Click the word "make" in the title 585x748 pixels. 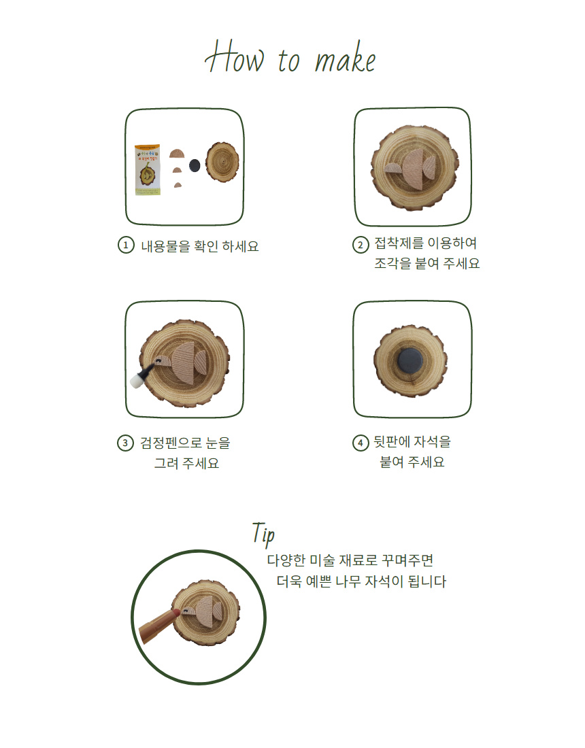pos(345,60)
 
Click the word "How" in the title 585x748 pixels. pos(234,57)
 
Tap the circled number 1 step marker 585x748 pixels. pos(126,245)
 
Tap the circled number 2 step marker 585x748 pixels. pos(361,245)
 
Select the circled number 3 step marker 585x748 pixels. pos(125,443)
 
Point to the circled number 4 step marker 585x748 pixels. pos(361,443)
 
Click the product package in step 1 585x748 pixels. pos(148,170)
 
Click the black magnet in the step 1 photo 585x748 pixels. pos(195,165)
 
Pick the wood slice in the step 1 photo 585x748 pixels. pos(222,163)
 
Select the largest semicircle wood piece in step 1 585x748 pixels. pos(177,154)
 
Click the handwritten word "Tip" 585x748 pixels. pos(263,533)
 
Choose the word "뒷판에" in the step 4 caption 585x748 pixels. pos(391,442)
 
